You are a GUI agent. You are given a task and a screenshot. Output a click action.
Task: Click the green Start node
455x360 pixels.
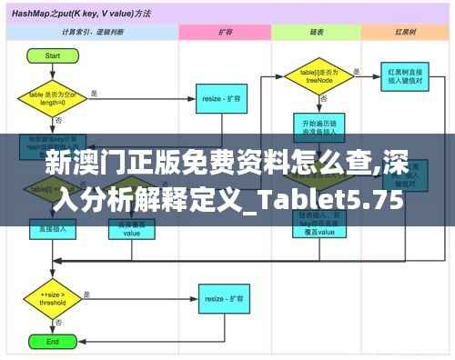click(53, 55)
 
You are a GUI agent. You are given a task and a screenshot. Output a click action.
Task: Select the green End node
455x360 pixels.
click(53, 342)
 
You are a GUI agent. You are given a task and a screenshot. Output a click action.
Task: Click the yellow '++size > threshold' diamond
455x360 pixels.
click(53, 299)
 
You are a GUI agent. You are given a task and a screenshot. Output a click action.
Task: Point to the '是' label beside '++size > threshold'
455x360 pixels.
click(87, 293)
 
